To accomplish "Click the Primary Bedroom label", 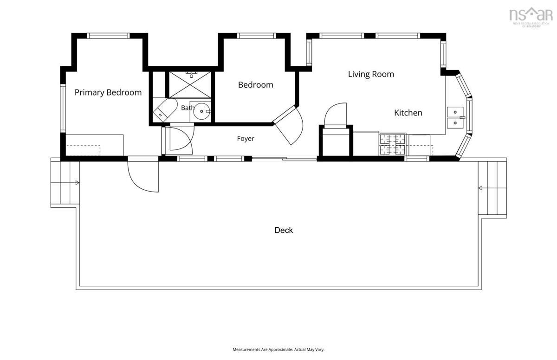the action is coord(108,92).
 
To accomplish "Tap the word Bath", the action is coord(188,108).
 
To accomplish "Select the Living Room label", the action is coord(371,74).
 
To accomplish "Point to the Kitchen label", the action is coord(408,113).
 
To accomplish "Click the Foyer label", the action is coord(246,138).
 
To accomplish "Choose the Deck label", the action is coord(284,230).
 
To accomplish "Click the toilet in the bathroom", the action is coord(165,110).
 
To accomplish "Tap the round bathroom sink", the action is coord(201,111).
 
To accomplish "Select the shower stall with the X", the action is coord(190,84).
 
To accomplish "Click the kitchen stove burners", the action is coord(392,144).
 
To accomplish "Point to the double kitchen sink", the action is coord(455,117).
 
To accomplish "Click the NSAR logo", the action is coord(531,17).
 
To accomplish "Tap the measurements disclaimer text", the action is coord(278,349).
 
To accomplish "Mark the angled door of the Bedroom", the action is coord(288,125).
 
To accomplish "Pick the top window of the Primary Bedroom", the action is coord(108,36).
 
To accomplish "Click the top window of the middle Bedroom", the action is coord(256,36).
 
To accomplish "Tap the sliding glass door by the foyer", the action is coord(285,158).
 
